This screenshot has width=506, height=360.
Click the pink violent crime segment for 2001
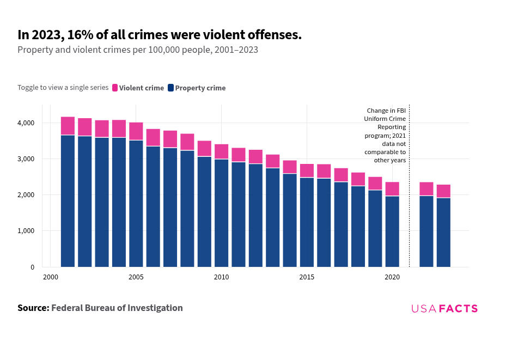point(68,126)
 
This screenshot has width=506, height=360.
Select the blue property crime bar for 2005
point(136,204)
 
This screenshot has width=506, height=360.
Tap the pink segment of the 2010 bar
point(221,151)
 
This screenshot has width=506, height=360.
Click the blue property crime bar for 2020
point(392,231)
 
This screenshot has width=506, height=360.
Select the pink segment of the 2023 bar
point(443,191)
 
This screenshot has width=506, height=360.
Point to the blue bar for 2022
point(426,231)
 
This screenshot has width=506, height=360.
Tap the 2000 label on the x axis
point(51,277)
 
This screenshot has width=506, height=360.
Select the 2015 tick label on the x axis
point(307,277)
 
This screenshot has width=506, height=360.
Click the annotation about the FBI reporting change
point(386,135)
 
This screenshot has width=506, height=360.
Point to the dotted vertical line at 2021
point(409,218)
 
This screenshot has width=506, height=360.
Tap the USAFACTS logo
point(444,308)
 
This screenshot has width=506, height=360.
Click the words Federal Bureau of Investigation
point(117,308)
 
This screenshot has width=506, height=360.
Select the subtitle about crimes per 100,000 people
point(137,50)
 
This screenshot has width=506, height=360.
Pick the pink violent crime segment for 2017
point(341,175)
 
